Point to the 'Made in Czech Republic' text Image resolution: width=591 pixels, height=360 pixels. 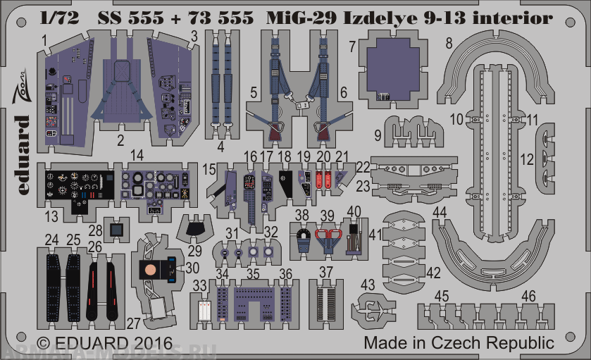point(459,343)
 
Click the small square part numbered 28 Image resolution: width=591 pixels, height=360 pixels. point(117,228)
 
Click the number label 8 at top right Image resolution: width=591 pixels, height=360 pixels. point(448,42)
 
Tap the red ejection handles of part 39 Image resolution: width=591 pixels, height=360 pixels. point(325,238)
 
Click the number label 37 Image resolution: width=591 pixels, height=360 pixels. point(325,272)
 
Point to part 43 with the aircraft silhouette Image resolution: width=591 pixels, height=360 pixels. point(373,307)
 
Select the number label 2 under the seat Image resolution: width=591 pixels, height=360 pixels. point(120,139)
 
